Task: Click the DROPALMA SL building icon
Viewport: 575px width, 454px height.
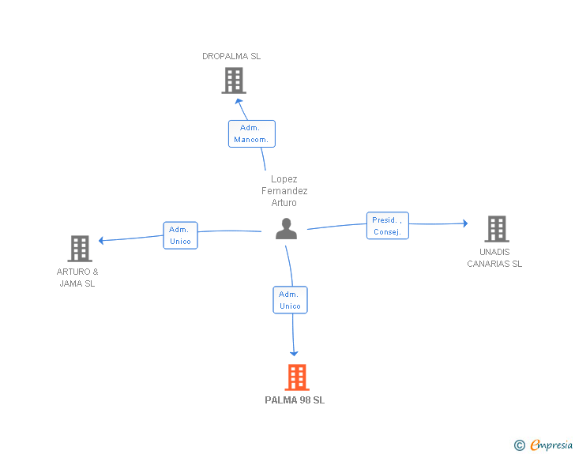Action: (234, 81)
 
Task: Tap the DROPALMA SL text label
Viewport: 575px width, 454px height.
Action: (231, 56)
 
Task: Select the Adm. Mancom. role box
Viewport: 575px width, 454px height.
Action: (251, 134)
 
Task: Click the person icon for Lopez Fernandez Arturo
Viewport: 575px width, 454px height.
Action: (286, 229)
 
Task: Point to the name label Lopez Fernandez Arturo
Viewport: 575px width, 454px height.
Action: (284, 191)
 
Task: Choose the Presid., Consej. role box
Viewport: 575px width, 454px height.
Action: (388, 226)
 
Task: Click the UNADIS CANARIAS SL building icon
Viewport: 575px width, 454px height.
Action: (497, 229)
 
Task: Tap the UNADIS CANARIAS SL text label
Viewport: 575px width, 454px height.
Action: (494, 258)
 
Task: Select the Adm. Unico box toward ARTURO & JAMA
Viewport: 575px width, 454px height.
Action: (180, 235)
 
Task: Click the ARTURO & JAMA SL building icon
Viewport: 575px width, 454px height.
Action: (80, 248)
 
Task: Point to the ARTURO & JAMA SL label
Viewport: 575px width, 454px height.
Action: (77, 278)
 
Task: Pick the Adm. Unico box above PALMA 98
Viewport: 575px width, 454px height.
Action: (290, 300)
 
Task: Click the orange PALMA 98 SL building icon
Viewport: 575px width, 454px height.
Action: (297, 377)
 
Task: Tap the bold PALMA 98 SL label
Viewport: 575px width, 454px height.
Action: (295, 400)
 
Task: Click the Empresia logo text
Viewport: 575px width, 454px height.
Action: (551, 445)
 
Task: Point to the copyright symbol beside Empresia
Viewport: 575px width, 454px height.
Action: (520, 445)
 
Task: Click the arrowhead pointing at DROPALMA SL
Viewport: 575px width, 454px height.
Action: (239, 102)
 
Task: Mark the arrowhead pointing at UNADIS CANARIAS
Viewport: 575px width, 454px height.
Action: (465, 223)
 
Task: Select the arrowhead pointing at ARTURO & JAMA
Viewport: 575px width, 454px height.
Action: (101, 241)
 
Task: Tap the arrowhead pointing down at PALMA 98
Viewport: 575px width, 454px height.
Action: (294, 354)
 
